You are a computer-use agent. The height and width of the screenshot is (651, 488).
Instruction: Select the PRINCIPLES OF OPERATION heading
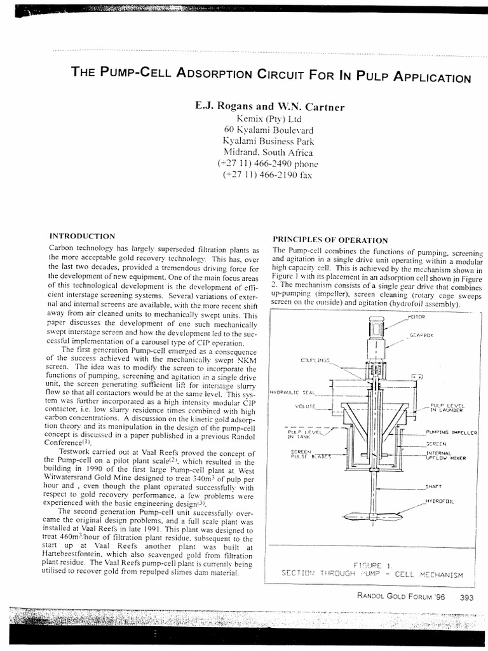pos(330,240)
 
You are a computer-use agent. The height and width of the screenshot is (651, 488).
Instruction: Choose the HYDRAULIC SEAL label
pos(293,392)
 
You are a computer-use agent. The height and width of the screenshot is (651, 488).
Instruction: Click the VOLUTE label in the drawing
pos(306,406)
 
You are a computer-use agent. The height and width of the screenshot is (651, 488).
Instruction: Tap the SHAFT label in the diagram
pos(434,486)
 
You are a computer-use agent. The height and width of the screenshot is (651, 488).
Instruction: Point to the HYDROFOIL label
pos(438,502)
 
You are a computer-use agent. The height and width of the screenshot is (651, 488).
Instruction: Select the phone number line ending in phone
pos(270,163)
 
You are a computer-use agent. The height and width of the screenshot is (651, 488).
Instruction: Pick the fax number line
pos(270,175)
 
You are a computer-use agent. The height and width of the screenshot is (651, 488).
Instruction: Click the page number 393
pos(467,597)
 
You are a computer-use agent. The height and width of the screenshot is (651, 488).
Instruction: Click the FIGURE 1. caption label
pos(373,564)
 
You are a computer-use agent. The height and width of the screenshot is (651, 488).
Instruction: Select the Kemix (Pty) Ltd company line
pos(270,118)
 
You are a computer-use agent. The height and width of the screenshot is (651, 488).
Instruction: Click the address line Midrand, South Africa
pos(270,152)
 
